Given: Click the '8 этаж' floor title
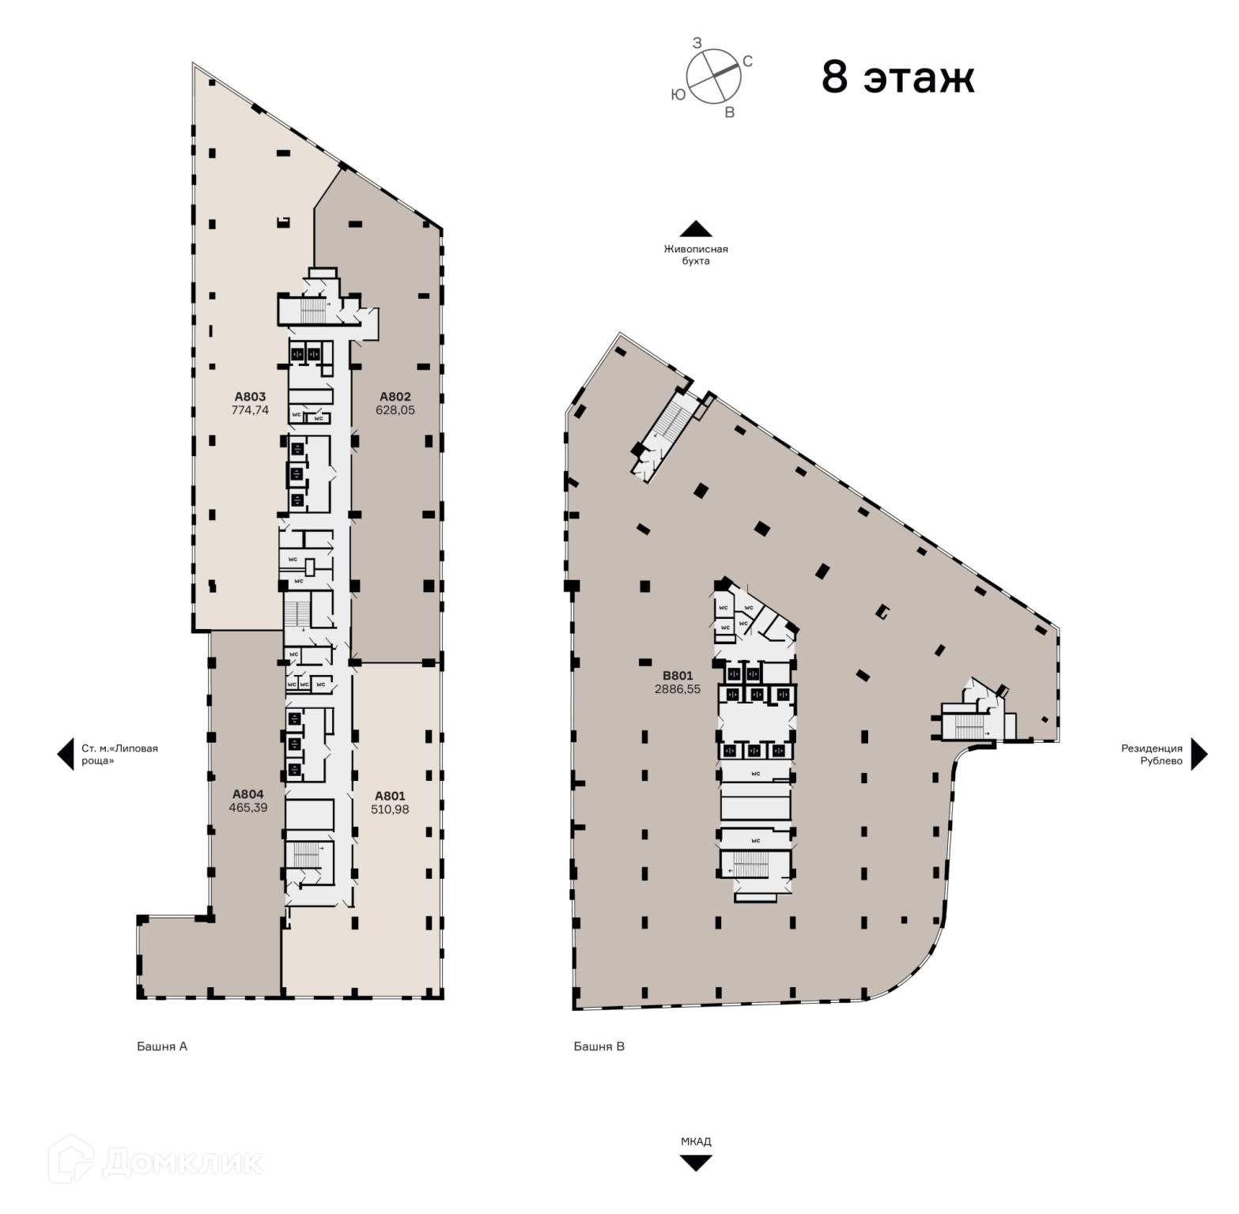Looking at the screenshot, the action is point(897,77).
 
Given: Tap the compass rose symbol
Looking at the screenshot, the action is point(713,76).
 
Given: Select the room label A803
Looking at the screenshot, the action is point(250,397).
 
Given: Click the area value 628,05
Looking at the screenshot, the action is point(395,410).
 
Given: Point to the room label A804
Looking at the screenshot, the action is point(248,794).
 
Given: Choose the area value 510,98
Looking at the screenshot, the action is point(390,809).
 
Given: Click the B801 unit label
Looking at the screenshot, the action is point(678,676).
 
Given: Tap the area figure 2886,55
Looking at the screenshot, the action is point(678,689).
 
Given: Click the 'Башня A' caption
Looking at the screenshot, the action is point(162,1046).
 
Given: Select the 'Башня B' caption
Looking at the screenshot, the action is point(599,1046).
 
